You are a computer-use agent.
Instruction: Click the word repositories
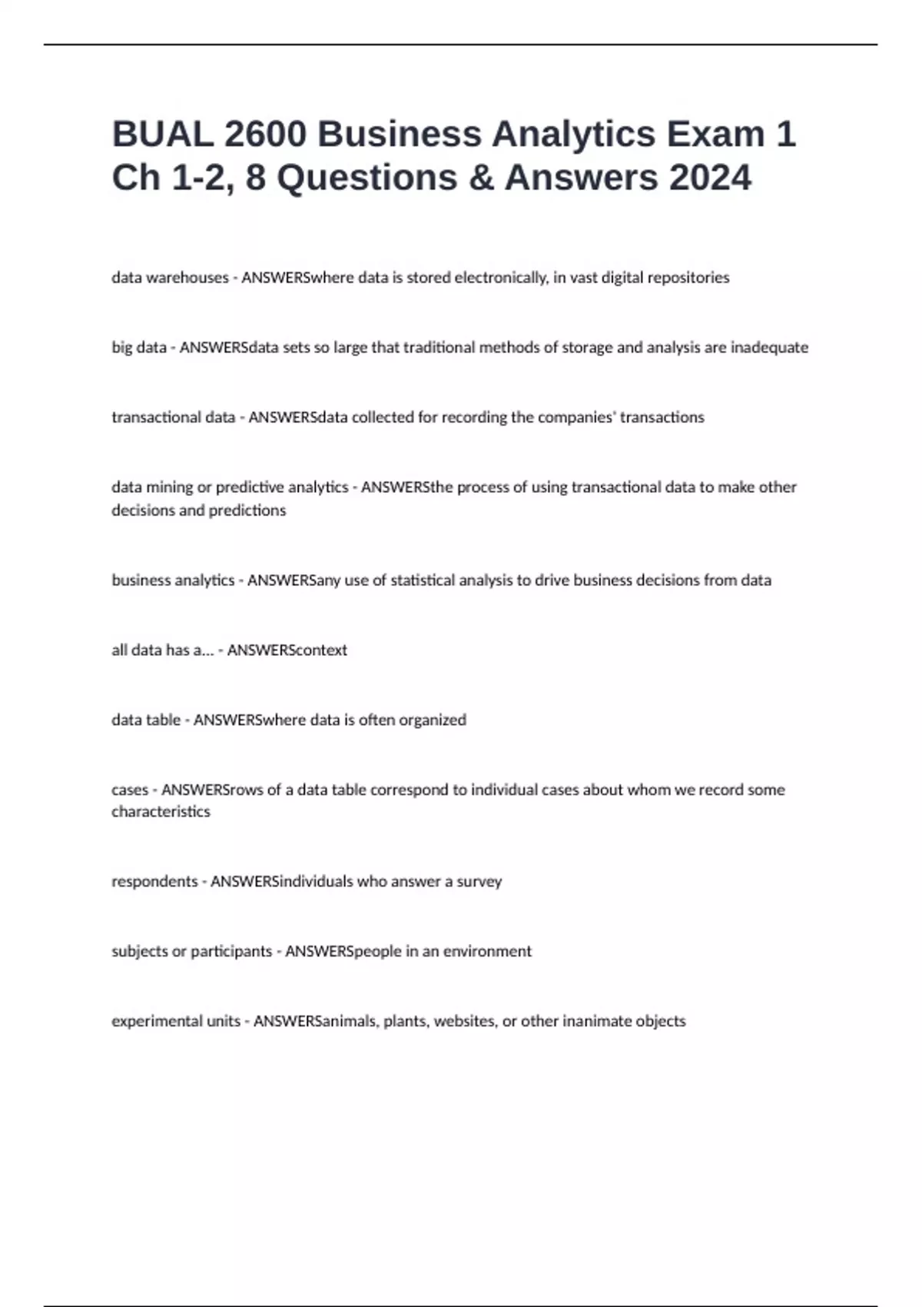click(x=688, y=278)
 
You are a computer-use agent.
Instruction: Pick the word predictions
click(x=247, y=510)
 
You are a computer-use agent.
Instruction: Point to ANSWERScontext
click(x=287, y=650)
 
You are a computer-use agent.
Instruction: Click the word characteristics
click(x=161, y=812)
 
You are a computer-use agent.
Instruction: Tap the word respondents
click(x=154, y=882)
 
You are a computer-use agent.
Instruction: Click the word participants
click(x=231, y=952)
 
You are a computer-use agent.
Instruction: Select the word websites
click(x=465, y=1022)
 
